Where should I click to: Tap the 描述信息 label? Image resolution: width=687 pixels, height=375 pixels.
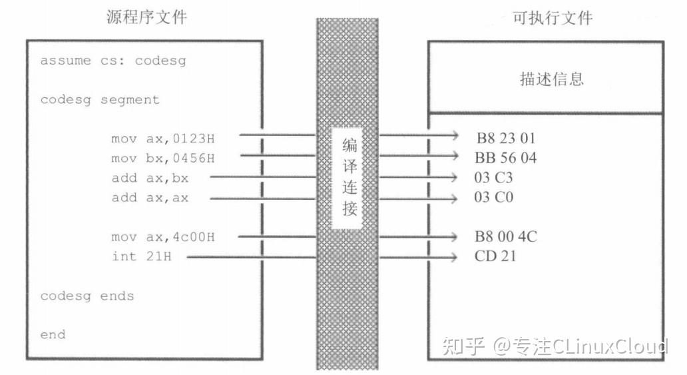[551, 79]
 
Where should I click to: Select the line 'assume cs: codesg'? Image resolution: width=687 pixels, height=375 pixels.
[113, 61]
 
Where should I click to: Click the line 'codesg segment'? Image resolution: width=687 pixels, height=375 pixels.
[100, 100]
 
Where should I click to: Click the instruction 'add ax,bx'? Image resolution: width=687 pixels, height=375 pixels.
[150, 179]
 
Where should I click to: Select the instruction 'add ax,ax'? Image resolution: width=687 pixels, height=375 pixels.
[150, 198]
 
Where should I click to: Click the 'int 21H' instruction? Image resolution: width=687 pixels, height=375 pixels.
[142, 256]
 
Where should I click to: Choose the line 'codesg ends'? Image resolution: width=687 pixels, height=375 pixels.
[87, 296]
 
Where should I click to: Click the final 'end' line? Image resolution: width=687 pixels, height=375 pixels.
[53, 334]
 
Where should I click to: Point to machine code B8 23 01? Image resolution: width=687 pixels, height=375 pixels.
[505, 139]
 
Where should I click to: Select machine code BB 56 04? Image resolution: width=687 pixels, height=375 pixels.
[505, 158]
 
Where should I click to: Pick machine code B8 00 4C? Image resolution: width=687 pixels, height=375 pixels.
[505, 237]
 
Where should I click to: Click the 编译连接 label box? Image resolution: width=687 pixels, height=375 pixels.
[348, 178]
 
